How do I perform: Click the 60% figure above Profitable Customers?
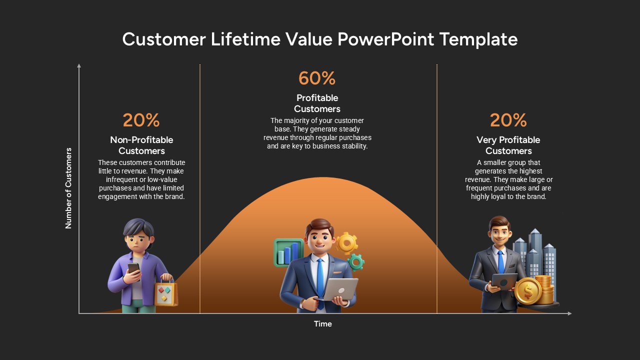317,78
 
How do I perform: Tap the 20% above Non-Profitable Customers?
141,120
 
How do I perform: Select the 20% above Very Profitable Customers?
508,120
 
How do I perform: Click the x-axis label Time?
323,323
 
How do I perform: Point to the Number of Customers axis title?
68,188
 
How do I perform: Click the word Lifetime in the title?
245,39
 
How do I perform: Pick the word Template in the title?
478,39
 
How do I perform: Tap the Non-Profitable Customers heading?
141,145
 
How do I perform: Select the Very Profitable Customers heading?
508,145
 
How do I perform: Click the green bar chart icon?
288,253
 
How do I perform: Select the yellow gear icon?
346,243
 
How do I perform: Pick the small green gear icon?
356,261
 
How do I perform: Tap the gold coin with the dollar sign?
528,291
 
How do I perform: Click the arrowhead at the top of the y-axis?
79,65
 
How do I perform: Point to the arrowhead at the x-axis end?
569,313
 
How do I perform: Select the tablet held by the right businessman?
504,281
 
